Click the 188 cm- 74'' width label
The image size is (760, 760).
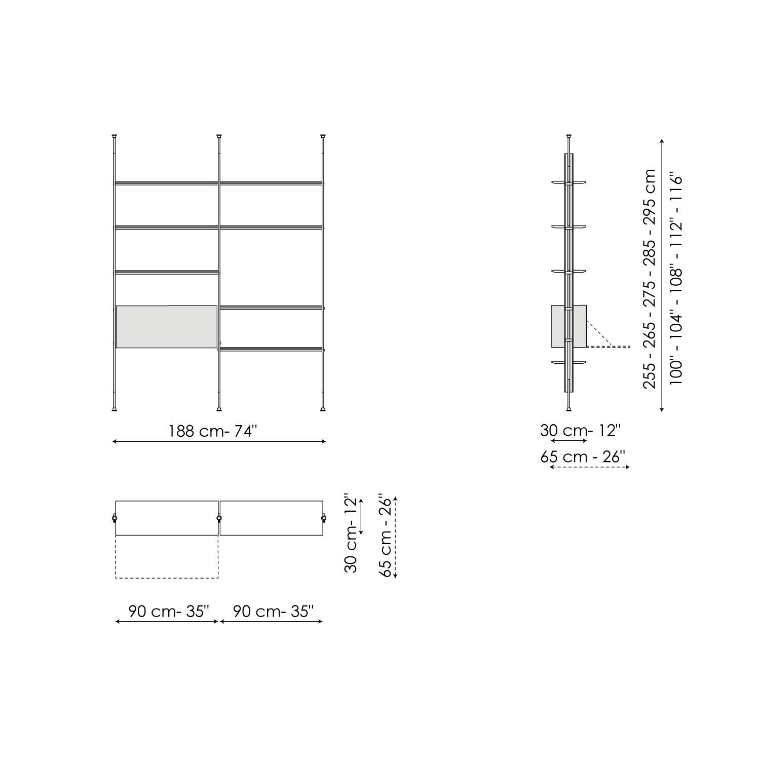[213, 431]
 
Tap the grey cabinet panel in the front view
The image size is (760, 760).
[166, 327]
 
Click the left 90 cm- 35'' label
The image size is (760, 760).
[168, 611]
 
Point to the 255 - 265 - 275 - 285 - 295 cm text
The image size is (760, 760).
[649, 279]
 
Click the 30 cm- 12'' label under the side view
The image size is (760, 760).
[580, 430]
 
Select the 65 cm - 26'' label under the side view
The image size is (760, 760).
[584, 457]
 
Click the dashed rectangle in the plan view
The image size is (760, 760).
[167, 557]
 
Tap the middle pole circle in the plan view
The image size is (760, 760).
[219, 518]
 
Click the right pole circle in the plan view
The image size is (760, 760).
[323, 518]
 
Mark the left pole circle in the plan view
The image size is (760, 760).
[114, 518]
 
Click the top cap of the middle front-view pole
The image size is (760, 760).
[219, 136]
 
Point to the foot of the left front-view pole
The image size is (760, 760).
[114, 408]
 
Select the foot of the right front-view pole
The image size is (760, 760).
[323, 408]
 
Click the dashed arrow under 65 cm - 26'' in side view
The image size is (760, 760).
[589, 467]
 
